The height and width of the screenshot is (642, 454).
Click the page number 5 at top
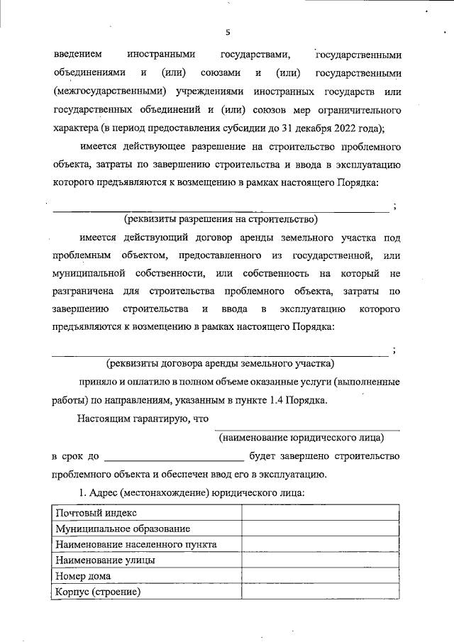coord(228,32)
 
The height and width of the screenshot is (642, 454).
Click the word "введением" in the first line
coord(77,54)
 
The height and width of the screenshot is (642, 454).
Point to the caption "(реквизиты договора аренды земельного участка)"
coord(220,364)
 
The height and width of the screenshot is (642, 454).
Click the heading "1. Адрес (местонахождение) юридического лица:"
coord(191,492)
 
